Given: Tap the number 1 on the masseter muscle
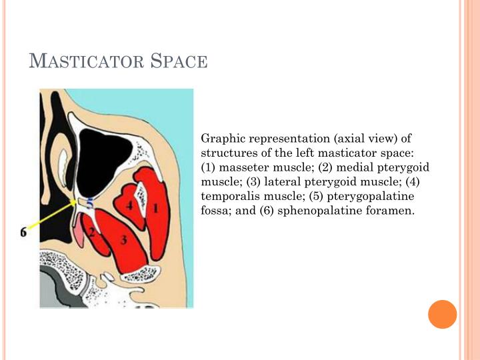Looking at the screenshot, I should [x=156, y=208].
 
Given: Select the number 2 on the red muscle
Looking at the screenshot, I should [x=93, y=234].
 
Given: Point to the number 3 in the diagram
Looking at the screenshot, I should [x=124, y=240].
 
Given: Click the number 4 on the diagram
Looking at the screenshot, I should [x=130, y=206].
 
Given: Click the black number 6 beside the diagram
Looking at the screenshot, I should [x=23, y=232].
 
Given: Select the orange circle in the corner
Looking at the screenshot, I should [x=442, y=314].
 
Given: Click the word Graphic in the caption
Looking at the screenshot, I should [x=222, y=139].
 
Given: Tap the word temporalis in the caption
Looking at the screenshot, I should [x=233, y=197].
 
